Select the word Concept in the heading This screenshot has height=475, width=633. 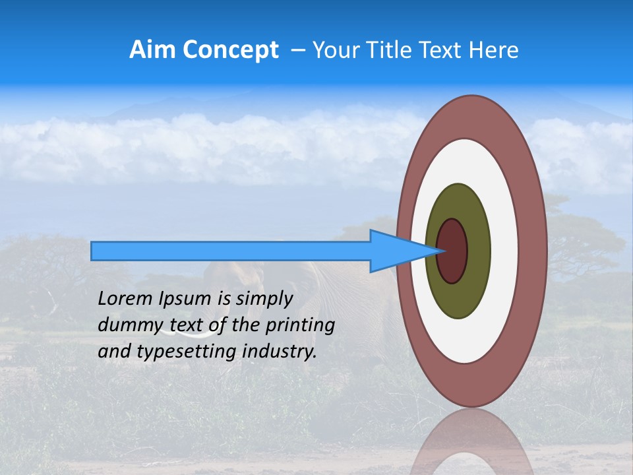point(231,51)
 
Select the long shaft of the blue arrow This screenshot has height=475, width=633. point(231,251)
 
